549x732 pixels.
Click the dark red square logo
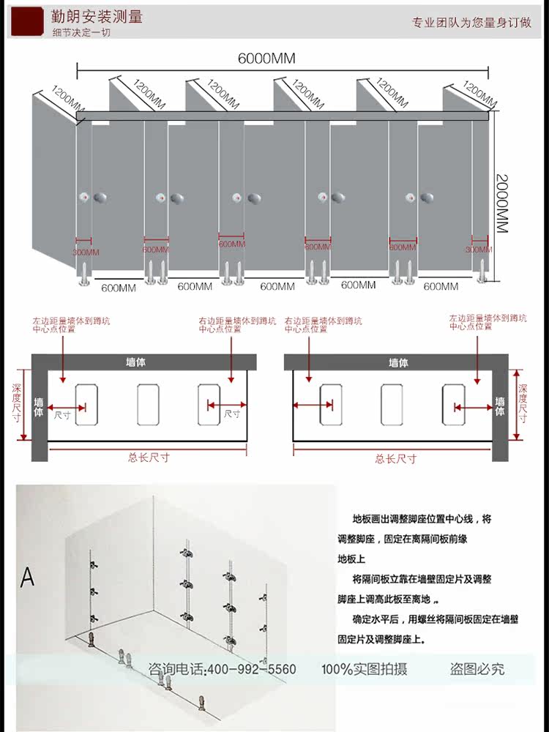pyautogui.click(x=27, y=21)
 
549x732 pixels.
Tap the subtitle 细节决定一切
pyautogui.click(x=79, y=33)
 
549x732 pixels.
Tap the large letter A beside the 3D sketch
pyautogui.click(x=27, y=578)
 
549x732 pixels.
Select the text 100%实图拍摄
pyautogui.click(x=364, y=669)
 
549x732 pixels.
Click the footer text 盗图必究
pyautogui.click(x=477, y=669)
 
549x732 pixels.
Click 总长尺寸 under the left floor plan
pyautogui.click(x=149, y=457)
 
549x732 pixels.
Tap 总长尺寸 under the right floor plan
pyautogui.click(x=396, y=458)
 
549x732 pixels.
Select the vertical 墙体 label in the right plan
pyautogui.click(x=501, y=406)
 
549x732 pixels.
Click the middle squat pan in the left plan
pyautogui.click(x=147, y=405)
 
